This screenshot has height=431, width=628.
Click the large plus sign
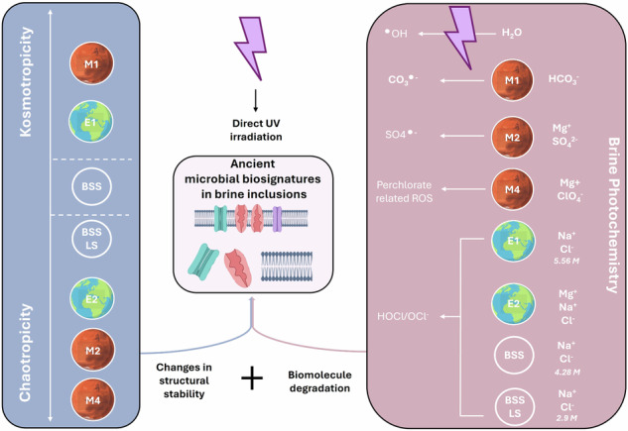point(253,377)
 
